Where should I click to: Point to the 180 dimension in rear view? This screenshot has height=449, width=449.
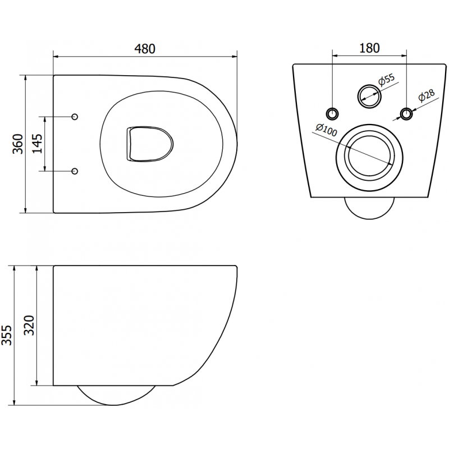[370, 48]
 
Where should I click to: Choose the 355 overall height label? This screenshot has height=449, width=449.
[7, 335]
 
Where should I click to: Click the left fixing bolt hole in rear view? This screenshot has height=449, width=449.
[333, 114]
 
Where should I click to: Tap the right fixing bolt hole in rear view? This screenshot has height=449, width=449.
[406, 114]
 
